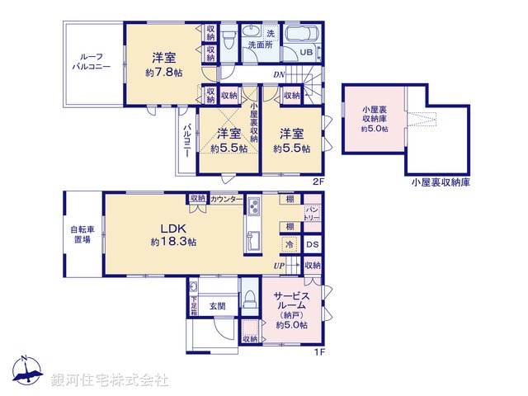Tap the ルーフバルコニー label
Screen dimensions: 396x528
91,63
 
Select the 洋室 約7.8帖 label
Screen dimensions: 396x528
163,64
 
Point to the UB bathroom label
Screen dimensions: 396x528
306,52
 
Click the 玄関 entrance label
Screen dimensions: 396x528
218,306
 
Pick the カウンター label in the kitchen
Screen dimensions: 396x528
226,199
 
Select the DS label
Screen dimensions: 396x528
312,245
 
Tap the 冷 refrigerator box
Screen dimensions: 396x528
290,245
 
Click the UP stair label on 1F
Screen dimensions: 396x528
280,266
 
